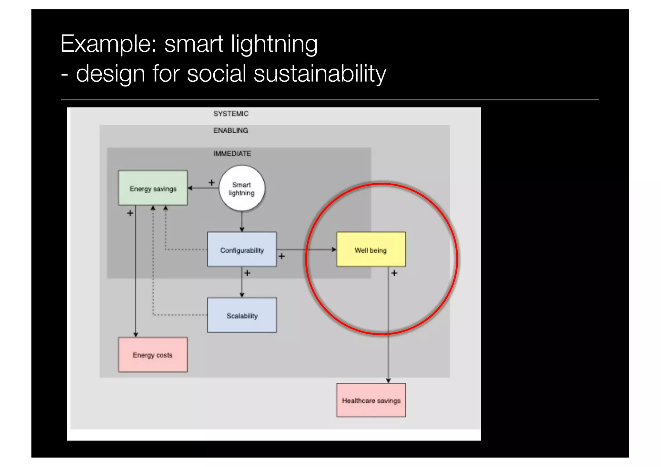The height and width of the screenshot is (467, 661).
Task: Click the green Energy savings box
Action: click(153, 188)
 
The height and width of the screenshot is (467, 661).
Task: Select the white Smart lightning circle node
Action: click(242, 188)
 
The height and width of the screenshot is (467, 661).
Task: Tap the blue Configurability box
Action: click(242, 249)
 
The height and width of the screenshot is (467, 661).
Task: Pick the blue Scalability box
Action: click(242, 315)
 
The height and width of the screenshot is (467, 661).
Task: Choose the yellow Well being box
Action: click(371, 249)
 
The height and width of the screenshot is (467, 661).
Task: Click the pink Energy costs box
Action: click(153, 355)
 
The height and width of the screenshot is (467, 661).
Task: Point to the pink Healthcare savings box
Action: click(371, 400)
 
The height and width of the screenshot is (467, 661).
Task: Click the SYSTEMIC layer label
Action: click(231, 114)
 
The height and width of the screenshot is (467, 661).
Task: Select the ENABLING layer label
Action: click(231, 130)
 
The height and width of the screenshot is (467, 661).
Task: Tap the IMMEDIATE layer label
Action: click(232, 154)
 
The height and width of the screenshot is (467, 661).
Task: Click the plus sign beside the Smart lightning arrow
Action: click(211, 183)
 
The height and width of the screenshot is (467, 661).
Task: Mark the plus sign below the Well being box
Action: click(394, 273)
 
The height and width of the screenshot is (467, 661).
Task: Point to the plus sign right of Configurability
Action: click(282, 256)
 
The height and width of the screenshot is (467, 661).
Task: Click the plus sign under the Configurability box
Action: click(247, 273)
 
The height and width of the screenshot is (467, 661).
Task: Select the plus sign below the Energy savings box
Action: click(130, 213)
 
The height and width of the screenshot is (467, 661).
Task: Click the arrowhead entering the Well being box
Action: click(334, 249)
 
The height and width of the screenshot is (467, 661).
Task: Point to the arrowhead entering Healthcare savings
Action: click(388, 381)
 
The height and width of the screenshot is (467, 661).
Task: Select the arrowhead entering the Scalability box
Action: click(242, 295)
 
